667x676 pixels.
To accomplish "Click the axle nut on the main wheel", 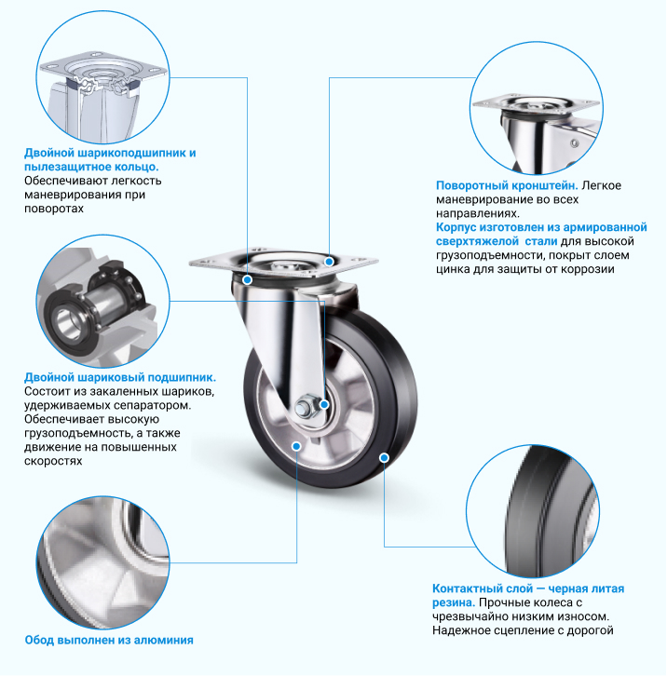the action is tap(306, 406).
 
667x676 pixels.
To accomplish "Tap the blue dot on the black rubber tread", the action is tap(384, 457).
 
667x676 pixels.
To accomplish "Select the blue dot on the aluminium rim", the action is tap(296, 446).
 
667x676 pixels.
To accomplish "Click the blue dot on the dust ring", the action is tap(247, 279).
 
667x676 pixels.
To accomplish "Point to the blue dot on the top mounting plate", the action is tap(329, 262).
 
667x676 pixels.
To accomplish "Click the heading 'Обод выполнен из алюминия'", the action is tap(109, 641).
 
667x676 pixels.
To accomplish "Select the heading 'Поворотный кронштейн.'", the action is tap(507, 185).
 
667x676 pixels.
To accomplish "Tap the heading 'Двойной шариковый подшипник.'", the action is tap(120, 378).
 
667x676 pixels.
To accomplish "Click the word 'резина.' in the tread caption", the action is tap(454, 602).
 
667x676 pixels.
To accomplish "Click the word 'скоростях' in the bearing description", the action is tap(53, 461).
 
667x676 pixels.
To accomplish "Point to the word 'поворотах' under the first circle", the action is tap(54, 209).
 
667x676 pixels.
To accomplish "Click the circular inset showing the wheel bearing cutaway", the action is tap(102, 302).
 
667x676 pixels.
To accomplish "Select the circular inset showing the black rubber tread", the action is tap(533, 511).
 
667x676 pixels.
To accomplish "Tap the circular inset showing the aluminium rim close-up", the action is tap(102, 562).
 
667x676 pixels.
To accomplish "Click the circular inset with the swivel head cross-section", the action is tap(102, 77).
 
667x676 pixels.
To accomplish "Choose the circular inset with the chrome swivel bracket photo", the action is tap(537, 108).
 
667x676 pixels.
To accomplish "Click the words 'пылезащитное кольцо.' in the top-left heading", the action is tap(91, 167).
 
